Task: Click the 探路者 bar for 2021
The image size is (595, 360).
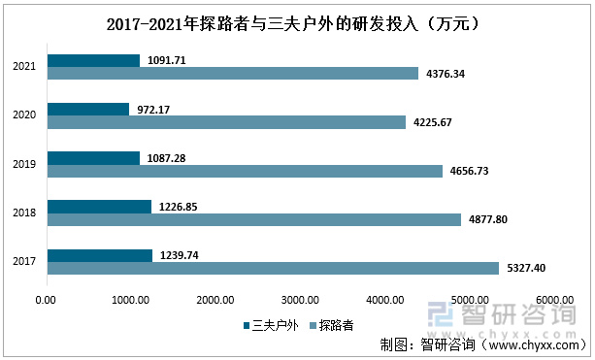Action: click(x=233, y=73)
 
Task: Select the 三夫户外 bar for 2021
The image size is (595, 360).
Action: click(x=93, y=60)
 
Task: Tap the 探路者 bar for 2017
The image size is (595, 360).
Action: click(x=273, y=268)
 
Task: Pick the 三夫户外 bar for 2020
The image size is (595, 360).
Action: click(x=87, y=109)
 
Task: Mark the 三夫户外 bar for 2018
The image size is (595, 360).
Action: click(x=99, y=206)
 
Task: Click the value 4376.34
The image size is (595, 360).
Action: click(x=446, y=74)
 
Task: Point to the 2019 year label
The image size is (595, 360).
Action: click(x=25, y=164)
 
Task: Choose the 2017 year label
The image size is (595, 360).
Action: click(x=25, y=262)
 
